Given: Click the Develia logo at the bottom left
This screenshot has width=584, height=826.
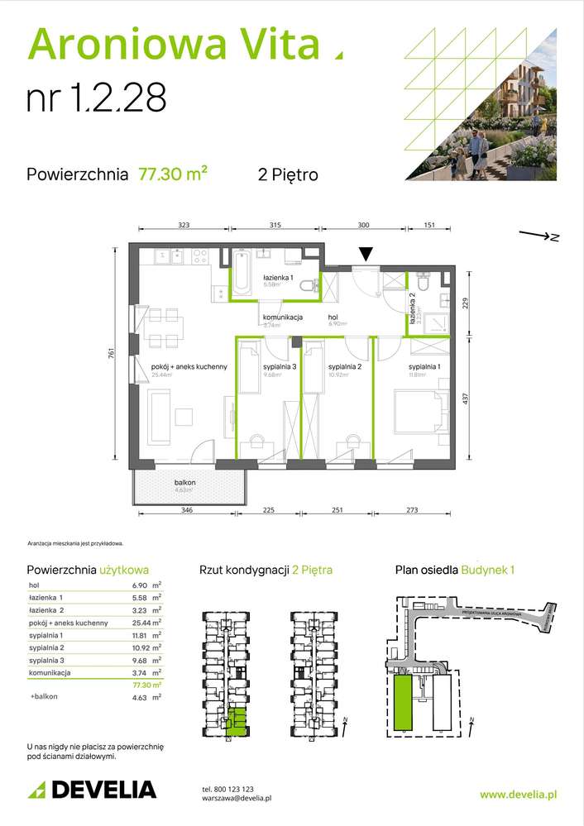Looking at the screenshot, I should click(92, 789).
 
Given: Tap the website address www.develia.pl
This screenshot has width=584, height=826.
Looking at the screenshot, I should click(518, 794).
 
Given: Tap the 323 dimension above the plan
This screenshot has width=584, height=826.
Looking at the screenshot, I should click(184, 225).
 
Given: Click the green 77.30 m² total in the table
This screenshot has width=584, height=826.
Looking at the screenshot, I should click(146, 685).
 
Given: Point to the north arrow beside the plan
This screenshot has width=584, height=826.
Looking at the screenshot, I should click(539, 236).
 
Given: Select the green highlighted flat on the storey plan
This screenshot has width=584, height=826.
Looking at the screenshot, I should click(237, 720).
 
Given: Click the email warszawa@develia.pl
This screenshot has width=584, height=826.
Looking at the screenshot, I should click(237, 798).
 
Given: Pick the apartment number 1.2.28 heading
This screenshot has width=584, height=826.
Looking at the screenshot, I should click(97, 98).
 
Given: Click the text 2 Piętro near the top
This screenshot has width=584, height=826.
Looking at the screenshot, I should click(288, 174).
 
